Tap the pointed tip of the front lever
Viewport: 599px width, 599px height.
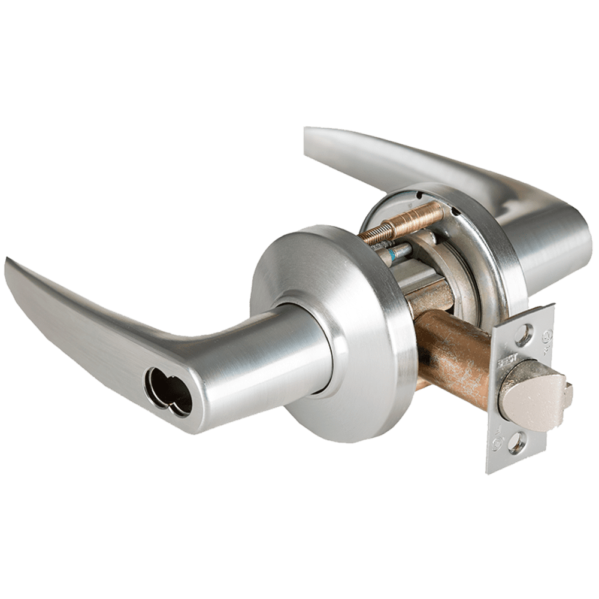click(12, 264)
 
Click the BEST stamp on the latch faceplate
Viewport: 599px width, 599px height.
click(502, 360)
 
